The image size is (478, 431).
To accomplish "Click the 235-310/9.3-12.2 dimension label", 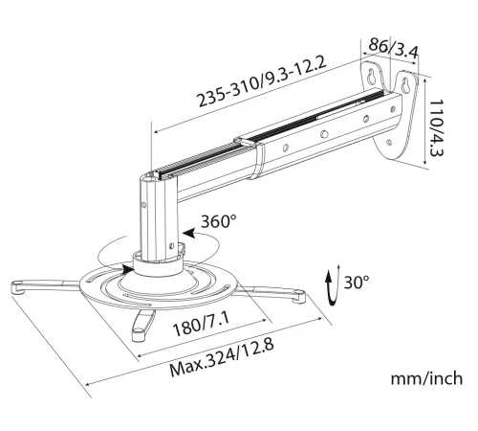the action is pos(262,80).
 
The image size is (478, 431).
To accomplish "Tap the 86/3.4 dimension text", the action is pos(393,49).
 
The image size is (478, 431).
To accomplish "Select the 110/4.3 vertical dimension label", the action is pos(436,127).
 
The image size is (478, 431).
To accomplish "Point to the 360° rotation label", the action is pos(219,221).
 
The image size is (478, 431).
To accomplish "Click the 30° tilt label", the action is pos(357,282).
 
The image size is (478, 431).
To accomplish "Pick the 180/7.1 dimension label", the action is pos(202,324).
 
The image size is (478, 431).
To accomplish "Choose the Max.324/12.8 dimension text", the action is pos(222,358).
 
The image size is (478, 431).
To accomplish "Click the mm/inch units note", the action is pos(426,378).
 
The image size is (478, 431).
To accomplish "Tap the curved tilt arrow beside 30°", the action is pos(333,286).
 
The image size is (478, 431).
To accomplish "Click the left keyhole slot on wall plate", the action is pos(372,76).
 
